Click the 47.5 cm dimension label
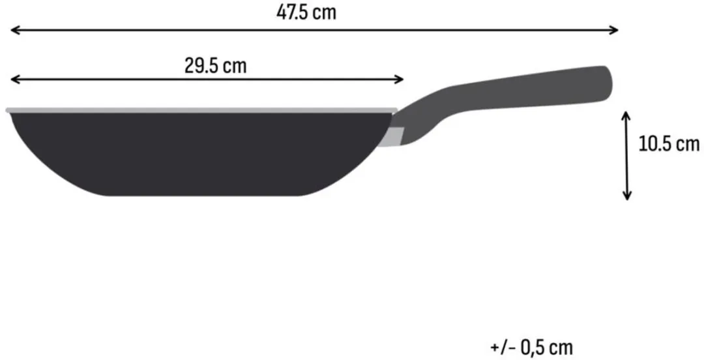tap(306, 12)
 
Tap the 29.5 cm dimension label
tap(216, 66)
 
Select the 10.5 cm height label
tap(669, 144)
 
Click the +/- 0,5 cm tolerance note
tap(532, 348)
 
